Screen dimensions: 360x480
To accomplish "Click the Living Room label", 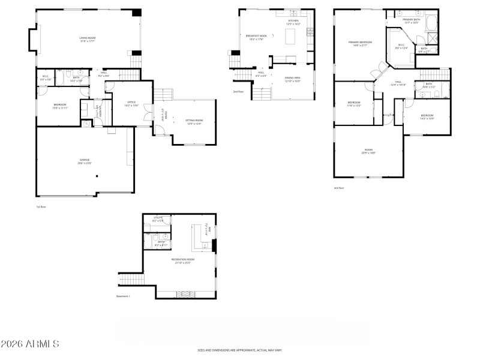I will point(88,39).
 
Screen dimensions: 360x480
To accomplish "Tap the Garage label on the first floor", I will point(85,161).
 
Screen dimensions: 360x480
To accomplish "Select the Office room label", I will point(130,104).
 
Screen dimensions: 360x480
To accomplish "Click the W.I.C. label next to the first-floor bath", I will point(44,78).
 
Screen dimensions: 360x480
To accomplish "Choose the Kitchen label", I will point(293,22).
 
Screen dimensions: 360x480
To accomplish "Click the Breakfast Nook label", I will point(256,37).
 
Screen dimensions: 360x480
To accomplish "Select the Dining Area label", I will point(292,79).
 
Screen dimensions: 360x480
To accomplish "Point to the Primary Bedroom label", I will point(361,44).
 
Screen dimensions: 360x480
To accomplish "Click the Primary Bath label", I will point(412,21).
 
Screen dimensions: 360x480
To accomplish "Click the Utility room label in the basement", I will point(158,219).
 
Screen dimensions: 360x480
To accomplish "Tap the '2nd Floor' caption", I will point(238,92).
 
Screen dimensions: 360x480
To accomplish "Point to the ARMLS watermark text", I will point(30,344).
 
